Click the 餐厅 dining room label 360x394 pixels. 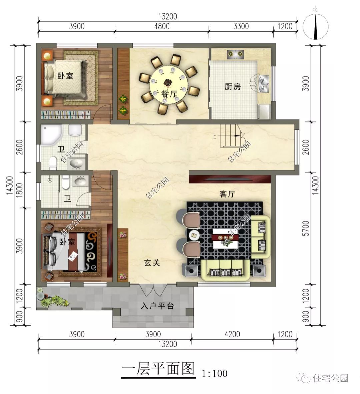coord(169,94)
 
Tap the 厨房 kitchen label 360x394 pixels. coord(232,87)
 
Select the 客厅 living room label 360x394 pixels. coord(227,194)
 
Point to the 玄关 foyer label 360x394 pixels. coord(152,263)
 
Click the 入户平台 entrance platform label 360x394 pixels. coord(157,306)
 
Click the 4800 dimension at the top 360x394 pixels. coord(161,26)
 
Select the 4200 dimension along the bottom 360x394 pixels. coord(232,334)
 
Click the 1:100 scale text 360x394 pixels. coord(215,373)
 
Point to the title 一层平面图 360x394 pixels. coord(158,369)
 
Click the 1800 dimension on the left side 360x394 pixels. coord(20,190)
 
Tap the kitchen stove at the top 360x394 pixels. coord(236,54)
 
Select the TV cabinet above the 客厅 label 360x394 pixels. coord(230,177)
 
